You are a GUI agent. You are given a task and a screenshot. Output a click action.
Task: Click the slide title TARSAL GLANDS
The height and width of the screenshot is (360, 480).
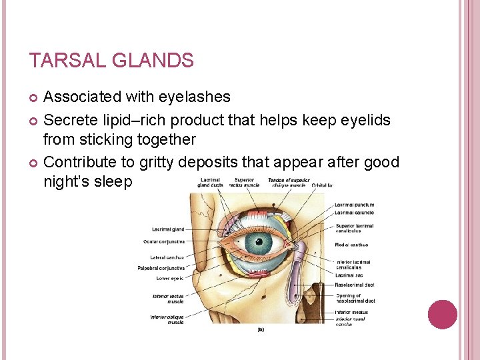(111, 61)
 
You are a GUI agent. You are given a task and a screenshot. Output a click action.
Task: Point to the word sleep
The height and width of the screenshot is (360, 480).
(113, 182)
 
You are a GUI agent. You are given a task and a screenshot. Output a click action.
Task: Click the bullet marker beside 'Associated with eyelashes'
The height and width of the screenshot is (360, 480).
(35, 98)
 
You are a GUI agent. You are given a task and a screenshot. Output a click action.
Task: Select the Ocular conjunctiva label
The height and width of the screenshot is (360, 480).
(163, 242)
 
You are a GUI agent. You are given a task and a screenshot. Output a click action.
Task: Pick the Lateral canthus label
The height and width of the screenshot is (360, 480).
(167, 257)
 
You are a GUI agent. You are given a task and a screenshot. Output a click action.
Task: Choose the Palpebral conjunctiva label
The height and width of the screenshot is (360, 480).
(161, 268)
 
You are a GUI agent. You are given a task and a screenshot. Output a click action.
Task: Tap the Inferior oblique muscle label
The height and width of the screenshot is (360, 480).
(167, 319)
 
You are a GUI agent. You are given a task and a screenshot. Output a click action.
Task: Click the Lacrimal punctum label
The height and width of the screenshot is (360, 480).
(355, 205)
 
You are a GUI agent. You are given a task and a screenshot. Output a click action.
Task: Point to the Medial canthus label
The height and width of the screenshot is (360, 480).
(351, 245)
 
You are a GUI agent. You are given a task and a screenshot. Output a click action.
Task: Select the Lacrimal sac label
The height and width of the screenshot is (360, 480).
(349, 275)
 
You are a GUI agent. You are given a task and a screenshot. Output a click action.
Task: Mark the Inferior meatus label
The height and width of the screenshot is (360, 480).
(352, 312)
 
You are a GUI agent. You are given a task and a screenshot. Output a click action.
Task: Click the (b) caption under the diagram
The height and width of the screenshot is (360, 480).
(261, 329)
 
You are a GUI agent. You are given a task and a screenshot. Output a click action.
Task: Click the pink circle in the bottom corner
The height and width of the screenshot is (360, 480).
(442, 315)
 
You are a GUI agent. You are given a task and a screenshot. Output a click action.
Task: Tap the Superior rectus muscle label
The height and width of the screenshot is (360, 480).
(243, 182)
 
